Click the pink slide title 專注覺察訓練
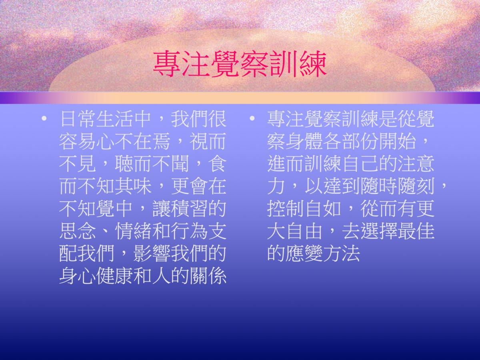[x=240, y=64]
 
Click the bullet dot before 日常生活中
[x=44, y=118]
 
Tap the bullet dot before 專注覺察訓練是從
[x=252, y=118]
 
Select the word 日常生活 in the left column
[x=96, y=119]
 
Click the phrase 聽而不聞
[x=152, y=164]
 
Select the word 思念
[x=78, y=231]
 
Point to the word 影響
[x=152, y=254]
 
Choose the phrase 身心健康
[x=96, y=276]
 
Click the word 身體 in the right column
[x=304, y=142]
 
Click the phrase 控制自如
[x=304, y=209]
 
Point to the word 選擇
[x=379, y=231]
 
